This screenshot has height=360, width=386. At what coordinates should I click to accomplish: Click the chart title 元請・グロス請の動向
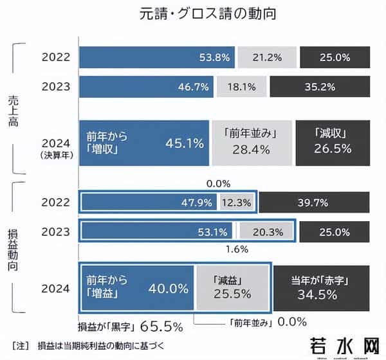(194, 14)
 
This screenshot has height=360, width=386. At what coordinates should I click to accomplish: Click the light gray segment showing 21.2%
(267, 57)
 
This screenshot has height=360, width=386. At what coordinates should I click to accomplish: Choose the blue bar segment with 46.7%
(147, 85)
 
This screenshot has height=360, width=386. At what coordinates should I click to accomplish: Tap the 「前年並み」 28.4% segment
(251, 143)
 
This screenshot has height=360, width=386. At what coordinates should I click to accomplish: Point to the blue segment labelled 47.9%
(149, 203)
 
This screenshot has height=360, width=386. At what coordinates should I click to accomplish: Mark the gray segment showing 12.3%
(237, 203)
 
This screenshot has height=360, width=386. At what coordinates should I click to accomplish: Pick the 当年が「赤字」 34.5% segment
(321, 287)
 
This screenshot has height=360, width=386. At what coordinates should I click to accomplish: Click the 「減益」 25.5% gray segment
(232, 287)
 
